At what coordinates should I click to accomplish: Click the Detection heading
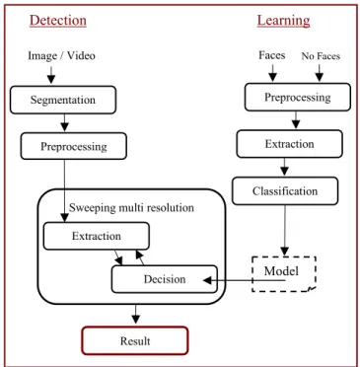[58, 21]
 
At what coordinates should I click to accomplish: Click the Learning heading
[283, 21]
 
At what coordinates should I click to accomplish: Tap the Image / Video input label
[61, 55]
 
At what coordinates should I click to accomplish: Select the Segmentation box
[63, 100]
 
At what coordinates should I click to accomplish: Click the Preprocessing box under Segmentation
[74, 146]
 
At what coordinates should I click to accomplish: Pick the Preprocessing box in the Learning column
[298, 97]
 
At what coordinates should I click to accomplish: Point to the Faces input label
[272, 55]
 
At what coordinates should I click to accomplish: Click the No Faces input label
[321, 56]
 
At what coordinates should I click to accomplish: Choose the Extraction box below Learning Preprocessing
[289, 144]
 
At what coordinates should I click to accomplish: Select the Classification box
[285, 190]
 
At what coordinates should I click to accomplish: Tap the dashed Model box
[284, 274]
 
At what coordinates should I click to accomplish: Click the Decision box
[165, 279]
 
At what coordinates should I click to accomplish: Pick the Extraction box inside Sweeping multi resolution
[97, 236]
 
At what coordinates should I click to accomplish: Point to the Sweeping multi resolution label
[131, 207]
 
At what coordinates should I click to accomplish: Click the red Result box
[135, 340]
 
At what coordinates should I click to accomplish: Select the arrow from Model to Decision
[244, 280]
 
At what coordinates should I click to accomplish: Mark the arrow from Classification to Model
[285, 230]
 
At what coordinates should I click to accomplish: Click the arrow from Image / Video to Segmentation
[51, 75]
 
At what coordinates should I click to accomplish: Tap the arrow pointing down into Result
[135, 314]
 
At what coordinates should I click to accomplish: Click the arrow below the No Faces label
[320, 73]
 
